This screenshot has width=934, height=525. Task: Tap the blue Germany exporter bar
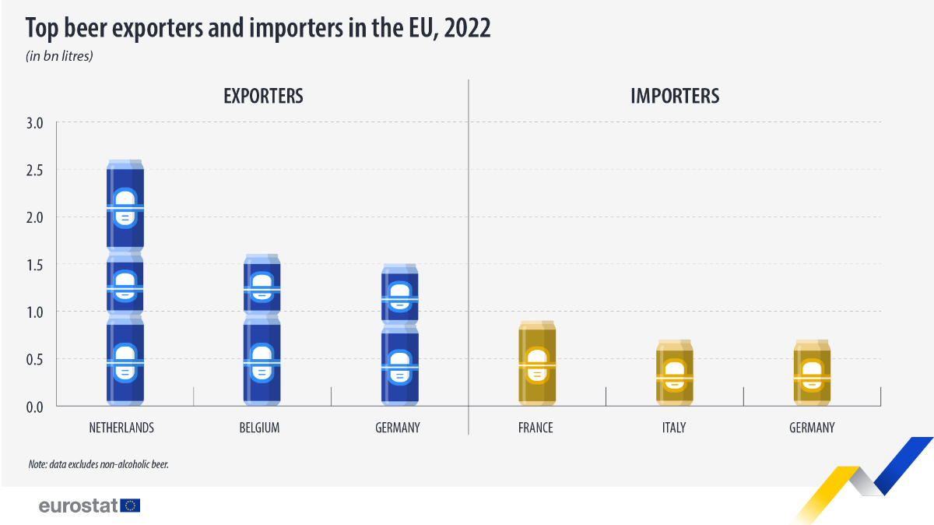[x=399, y=335]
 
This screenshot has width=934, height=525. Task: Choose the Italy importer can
[x=674, y=373]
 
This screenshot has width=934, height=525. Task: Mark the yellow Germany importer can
[x=812, y=373]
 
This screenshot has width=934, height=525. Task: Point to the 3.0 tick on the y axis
[x=36, y=122]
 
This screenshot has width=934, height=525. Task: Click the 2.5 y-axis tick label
[x=36, y=170]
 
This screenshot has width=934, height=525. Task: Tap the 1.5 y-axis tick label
[x=36, y=265]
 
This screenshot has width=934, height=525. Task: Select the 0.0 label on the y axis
[x=36, y=407]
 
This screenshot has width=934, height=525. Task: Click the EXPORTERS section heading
[x=263, y=97]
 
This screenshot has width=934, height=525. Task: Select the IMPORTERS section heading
[x=675, y=97]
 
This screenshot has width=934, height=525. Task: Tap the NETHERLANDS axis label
[x=121, y=428]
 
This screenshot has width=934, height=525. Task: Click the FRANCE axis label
[x=535, y=428]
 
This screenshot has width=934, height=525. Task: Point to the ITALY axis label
[x=674, y=428]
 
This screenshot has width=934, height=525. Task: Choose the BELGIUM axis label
[x=261, y=428]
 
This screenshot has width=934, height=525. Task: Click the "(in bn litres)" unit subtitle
[x=60, y=56]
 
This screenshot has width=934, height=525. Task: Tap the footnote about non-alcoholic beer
[x=99, y=464]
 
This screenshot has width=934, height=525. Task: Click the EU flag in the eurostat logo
[x=130, y=506]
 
